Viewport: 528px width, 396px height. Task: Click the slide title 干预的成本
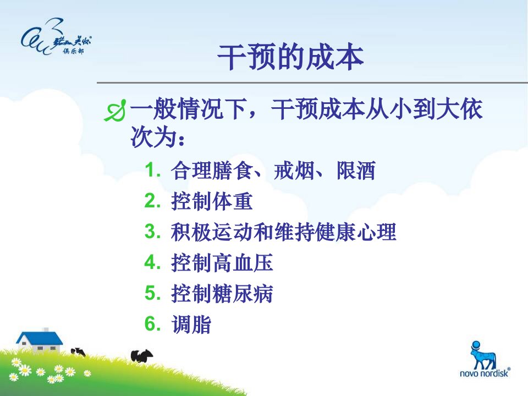290,57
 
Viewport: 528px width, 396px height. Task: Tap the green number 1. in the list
152,170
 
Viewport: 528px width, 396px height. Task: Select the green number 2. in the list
152,201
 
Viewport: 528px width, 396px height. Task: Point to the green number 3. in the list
152,232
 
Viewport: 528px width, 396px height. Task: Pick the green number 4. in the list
152,262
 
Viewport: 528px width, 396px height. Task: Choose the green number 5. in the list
152,293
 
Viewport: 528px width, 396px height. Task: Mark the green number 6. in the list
152,323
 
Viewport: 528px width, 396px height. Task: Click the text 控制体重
212,201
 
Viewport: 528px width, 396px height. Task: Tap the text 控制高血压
222,263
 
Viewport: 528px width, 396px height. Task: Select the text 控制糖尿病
222,293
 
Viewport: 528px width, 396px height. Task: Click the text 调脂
191,324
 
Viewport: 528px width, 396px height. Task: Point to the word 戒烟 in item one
294,170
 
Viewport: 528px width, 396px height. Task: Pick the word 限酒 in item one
356,170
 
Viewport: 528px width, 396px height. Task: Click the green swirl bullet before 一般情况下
115,111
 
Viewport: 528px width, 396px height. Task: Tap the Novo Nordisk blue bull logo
483,355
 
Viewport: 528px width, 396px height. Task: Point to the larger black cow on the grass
142,356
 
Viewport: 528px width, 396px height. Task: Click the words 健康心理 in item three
356,232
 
